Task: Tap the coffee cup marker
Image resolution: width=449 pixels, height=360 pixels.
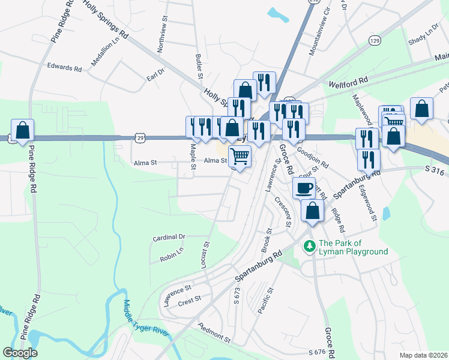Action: (304, 188)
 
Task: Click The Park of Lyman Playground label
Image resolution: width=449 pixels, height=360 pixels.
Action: (353, 247)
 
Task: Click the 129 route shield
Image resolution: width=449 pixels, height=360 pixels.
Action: (375, 40)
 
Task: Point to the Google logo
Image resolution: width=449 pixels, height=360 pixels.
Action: (20, 352)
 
